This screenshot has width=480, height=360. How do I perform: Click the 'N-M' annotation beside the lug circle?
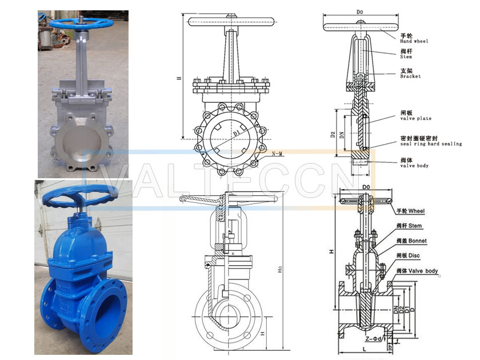(x=279, y=154)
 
